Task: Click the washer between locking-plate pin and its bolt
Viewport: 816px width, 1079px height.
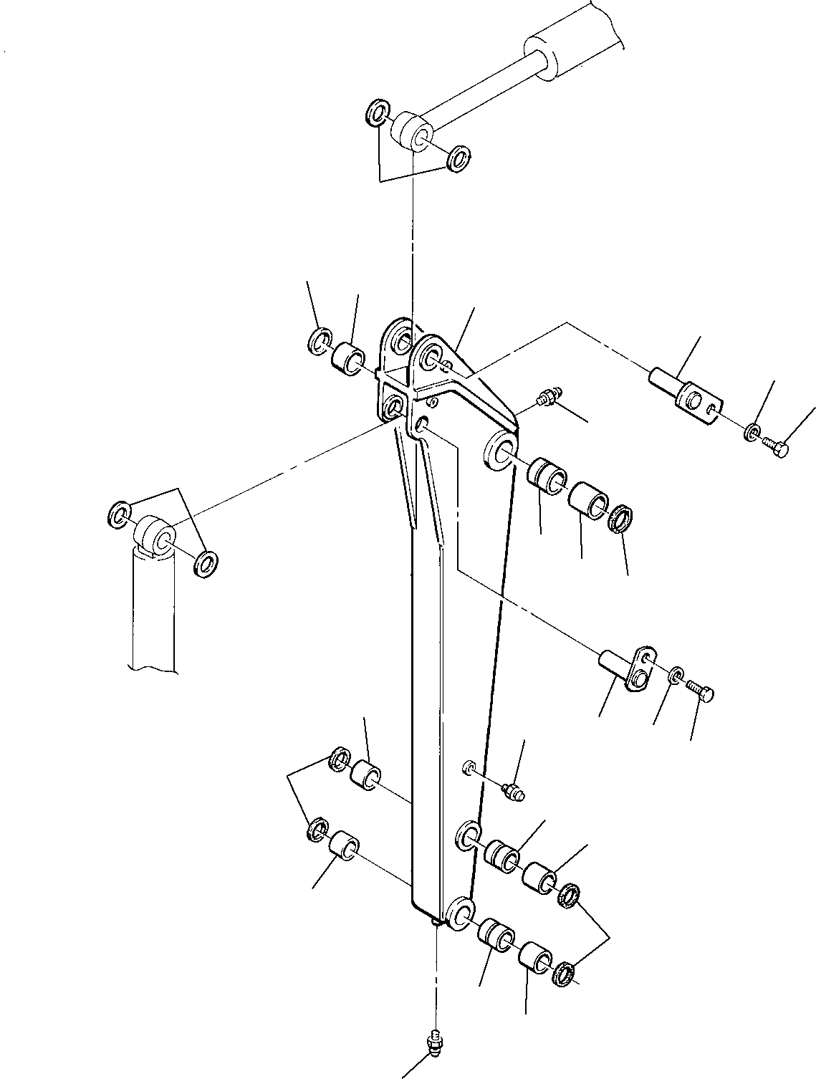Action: click(x=676, y=675)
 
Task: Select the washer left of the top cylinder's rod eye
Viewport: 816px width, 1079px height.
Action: click(x=377, y=112)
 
